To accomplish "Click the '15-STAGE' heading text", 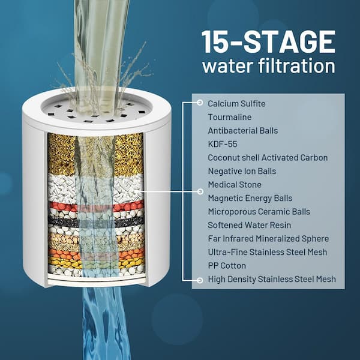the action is click(x=268, y=42).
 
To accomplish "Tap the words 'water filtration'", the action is click(x=269, y=65).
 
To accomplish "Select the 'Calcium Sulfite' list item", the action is click(x=236, y=104).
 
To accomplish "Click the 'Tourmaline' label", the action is click(x=230, y=117).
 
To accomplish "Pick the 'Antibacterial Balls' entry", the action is click(x=243, y=131).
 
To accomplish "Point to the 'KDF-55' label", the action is click(x=223, y=144).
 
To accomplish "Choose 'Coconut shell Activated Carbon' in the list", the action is click(x=268, y=158).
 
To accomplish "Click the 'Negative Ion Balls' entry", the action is click(x=242, y=171).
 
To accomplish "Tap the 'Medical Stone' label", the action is click(x=235, y=185).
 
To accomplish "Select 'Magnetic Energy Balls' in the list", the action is click(x=250, y=198).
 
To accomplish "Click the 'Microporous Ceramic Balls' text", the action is click(x=259, y=212).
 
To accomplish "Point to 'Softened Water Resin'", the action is click(x=250, y=225).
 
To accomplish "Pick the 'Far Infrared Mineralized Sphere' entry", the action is click(x=268, y=239).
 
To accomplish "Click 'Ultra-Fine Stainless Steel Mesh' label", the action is click(x=268, y=252).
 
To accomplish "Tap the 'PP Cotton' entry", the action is click(x=227, y=266).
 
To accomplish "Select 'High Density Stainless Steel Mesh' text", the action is click(x=272, y=279).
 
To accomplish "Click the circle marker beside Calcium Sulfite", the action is click(x=200, y=103).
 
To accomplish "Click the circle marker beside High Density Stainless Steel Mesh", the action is click(x=200, y=280).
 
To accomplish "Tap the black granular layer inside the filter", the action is click(x=96, y=221).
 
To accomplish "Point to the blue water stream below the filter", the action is click(x=103, y=324).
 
